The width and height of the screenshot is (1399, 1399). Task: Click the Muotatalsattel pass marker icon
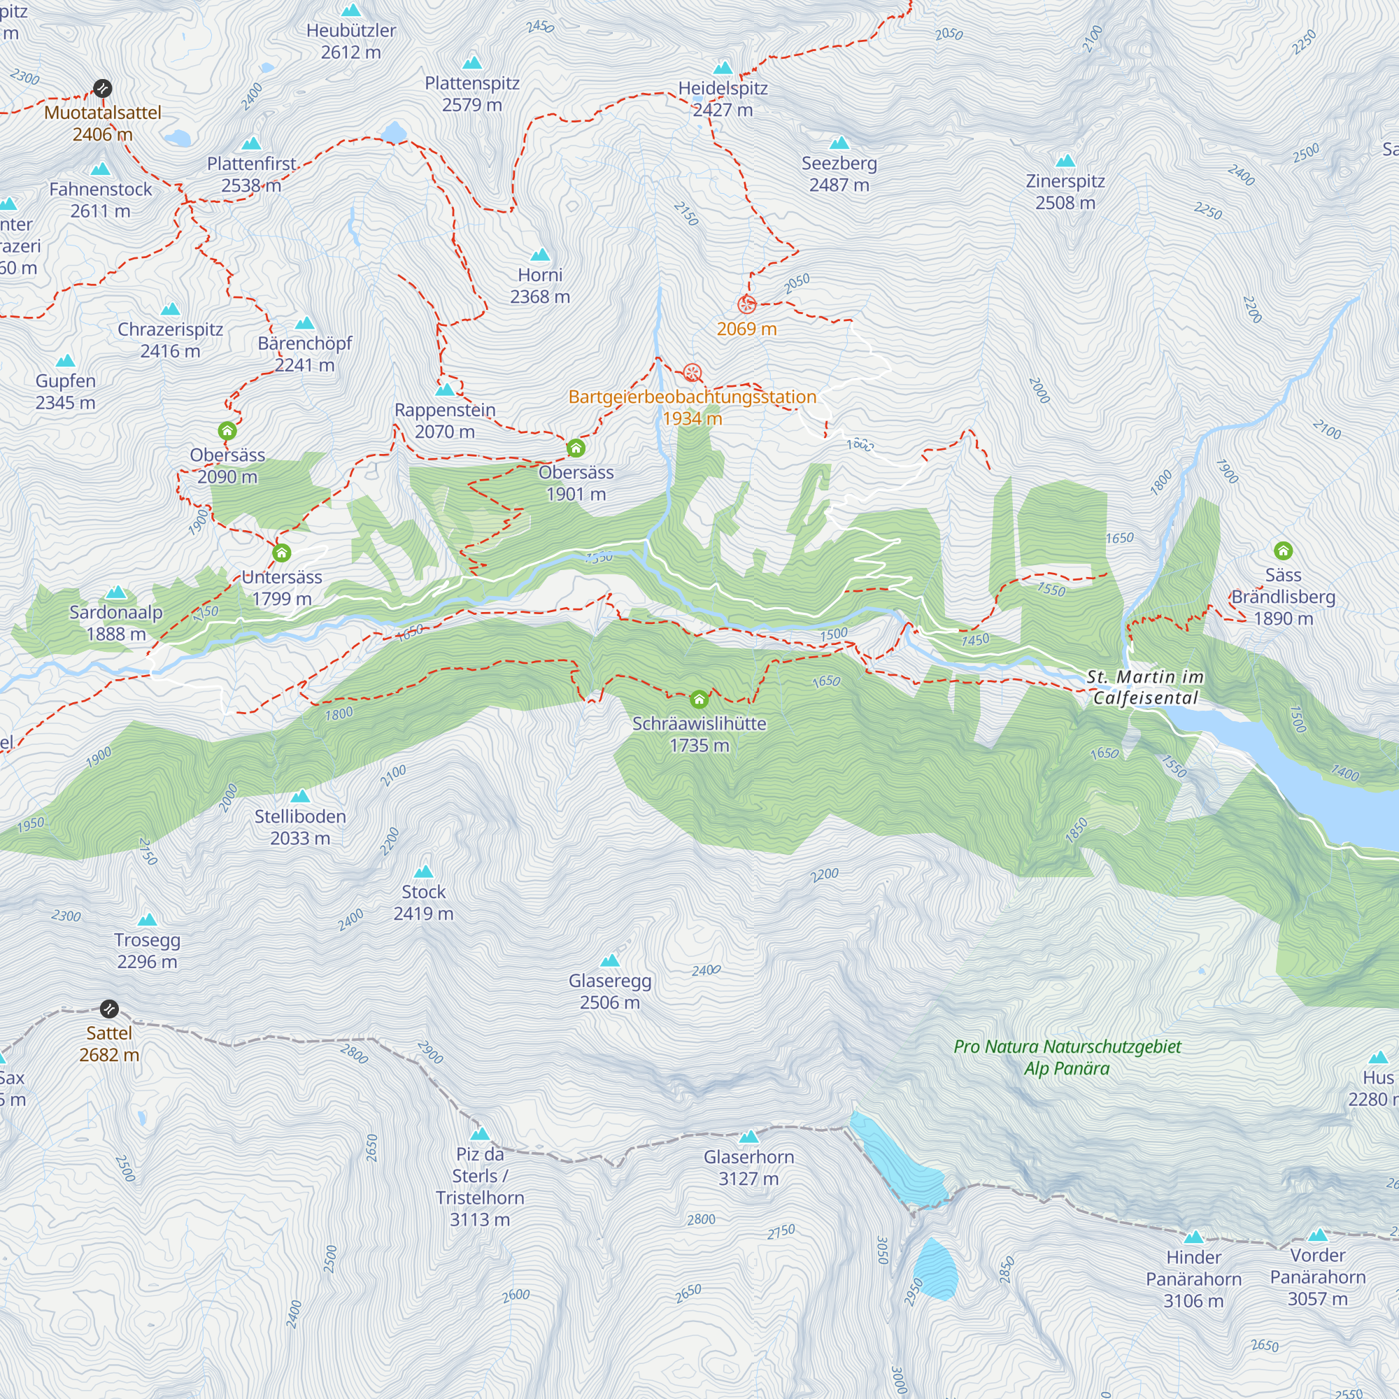click(103, 88)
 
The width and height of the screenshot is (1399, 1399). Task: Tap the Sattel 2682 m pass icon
click(109, 1009)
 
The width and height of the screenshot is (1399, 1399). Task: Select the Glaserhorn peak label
click(748, 1167)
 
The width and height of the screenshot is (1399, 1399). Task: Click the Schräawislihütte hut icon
click(699, 699)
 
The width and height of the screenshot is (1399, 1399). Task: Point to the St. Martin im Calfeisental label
click(1145, 687)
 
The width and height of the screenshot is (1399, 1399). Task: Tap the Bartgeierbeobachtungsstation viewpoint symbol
click(693, 373)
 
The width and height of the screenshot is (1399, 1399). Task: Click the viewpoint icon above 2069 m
click(746, 305)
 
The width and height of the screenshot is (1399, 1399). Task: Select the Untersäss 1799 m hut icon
click(282, 553)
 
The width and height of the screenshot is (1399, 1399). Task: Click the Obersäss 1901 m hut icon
click(576, 448)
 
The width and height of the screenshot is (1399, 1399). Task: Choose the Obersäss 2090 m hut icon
click(227, 431)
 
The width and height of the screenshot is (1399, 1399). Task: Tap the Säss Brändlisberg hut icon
click(1283, 551)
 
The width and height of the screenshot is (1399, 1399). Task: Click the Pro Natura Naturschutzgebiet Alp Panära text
click(1067, 1057)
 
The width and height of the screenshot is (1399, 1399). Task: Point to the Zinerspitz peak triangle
click(1065, 161)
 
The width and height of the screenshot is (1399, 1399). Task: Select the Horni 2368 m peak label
click(540, 285)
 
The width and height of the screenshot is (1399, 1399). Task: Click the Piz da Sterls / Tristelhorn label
click(479, 1187)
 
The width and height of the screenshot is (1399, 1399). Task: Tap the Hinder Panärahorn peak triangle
click(1193, 1237)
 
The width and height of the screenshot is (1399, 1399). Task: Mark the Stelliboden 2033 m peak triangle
click(301, 797)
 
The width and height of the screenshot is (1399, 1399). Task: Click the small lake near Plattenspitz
click(394, 132)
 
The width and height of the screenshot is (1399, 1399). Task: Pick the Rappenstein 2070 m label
click(445, 420)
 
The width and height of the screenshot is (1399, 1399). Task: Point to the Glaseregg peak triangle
click(611, 961)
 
